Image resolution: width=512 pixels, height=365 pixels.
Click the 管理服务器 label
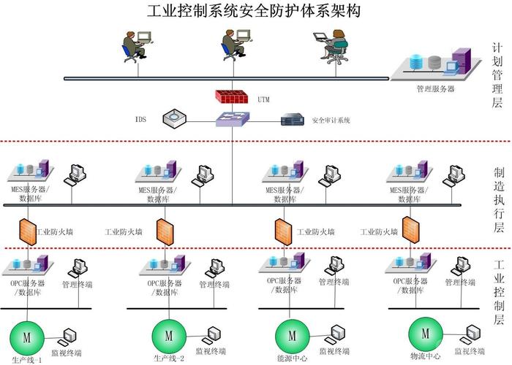coord(435,88)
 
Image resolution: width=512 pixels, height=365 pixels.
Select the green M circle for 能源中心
coord(291,336)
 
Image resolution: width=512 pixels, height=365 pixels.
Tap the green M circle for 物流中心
coord(425,334)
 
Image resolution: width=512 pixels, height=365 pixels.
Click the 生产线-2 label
coord(169,358)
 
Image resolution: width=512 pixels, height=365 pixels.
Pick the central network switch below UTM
coord(233,119)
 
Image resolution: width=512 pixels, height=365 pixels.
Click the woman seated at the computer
coord(336,46)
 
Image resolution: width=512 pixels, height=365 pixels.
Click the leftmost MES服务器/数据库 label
coord(29,194)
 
